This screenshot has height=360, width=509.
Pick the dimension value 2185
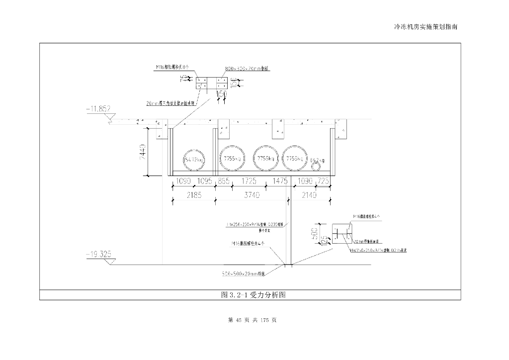click(x=193, y=195)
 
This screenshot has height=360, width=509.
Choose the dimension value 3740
click(x=252, y=195)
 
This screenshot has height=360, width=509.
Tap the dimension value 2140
click(x=309, y=195)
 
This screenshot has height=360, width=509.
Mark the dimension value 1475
click(x=280, y=181)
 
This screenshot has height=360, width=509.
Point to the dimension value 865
click(x=224, y=181)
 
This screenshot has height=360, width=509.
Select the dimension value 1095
click(x=204, y=181)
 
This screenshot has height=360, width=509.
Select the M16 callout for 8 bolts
click(x=172, y=66)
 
